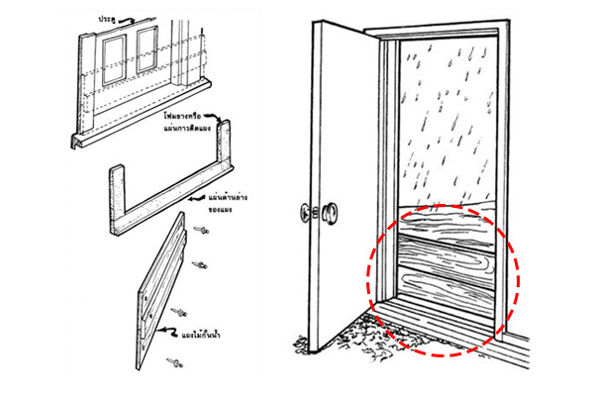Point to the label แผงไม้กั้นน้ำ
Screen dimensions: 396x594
[214, 334]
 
